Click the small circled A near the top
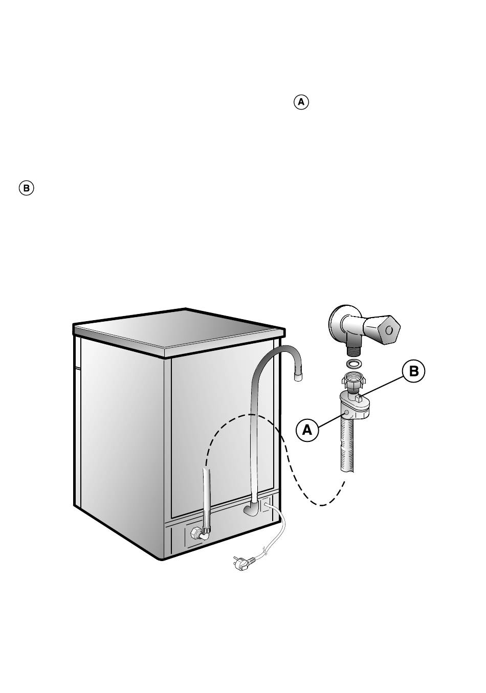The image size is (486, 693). [301, 102]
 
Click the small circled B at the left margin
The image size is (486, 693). [27, 188]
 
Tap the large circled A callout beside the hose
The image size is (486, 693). [307, 430]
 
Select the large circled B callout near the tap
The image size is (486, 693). [414, 372]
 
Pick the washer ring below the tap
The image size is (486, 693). [353, 364]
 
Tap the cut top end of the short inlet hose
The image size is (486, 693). [207, 470]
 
